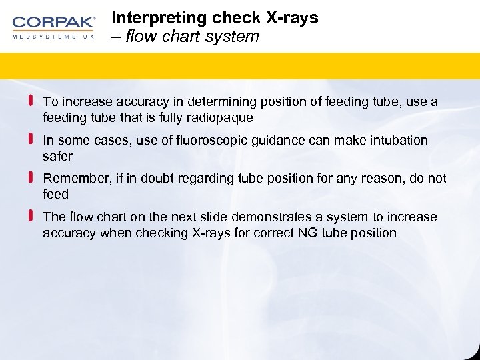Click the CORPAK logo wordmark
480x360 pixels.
(54, 23)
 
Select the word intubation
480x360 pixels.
(399, 141)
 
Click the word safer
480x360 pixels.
(57, 156)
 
